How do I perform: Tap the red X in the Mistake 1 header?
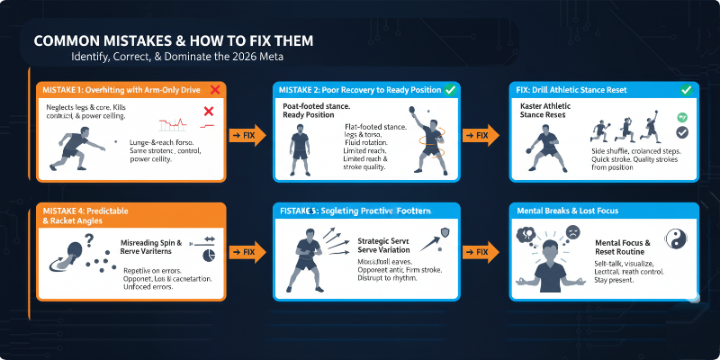[x=215, y=90]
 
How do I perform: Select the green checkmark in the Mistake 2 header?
[x=449, y=90]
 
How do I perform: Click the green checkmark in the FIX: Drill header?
[x=686, y=90]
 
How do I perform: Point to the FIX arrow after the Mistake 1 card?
[x=247, y=135]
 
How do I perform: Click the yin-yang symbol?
[x=677, y=239]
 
